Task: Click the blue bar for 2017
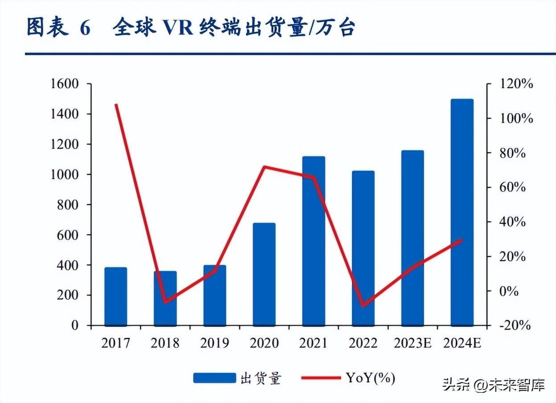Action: pyautogui.click(x=116, y=296)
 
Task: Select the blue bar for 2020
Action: pyautogui.click(x=264, y=274)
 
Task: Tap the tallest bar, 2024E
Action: pyautogui.click(x=462, y=212)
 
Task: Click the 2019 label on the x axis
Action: pyautogui.click(x=215, y=343)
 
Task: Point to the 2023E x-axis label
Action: pyautogui.click(x=413, y=343)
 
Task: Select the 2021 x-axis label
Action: pyautogui.click(x=314, y=343)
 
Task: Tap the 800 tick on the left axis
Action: pyautogui.click(x=69, y=205)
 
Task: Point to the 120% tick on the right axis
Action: pyautogui.click(x=516, y=84)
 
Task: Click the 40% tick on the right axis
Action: pyautogui.click(x=512, y=222)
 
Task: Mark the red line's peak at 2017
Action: pyautogui.click(x=116, y=105)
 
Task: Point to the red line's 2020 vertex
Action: pyautogui.click(x=264, y=167)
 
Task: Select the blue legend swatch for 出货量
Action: pyautogui.click(x=215, y=378)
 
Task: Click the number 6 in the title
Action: pyautogui.click(x=85, y=28)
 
